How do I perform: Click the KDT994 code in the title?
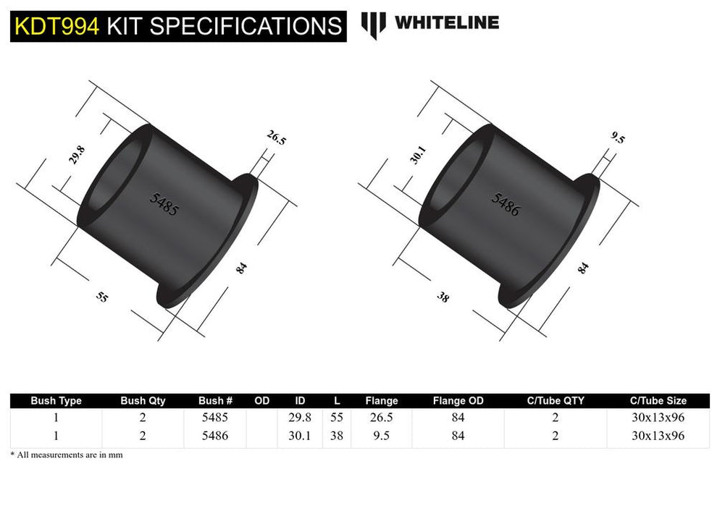pos(57,26)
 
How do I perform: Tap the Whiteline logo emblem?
pos(374,24)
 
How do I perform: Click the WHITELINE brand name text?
pos(446,22)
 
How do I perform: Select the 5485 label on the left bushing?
pos(163,206)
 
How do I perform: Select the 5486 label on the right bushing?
pos(506,205)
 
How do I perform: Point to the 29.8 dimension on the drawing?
pos(77,156)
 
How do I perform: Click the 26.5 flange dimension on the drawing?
pos(276,138)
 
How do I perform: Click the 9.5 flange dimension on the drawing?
pos(617,138)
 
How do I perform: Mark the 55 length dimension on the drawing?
pos(102,296)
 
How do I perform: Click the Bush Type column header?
pos(56,400)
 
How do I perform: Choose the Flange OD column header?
pos(458,400)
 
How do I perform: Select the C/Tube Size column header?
pos(658,400)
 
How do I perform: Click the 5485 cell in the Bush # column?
pos(215,418)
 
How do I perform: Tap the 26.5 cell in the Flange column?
pos(382,418)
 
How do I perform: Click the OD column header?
pos(261,400)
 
